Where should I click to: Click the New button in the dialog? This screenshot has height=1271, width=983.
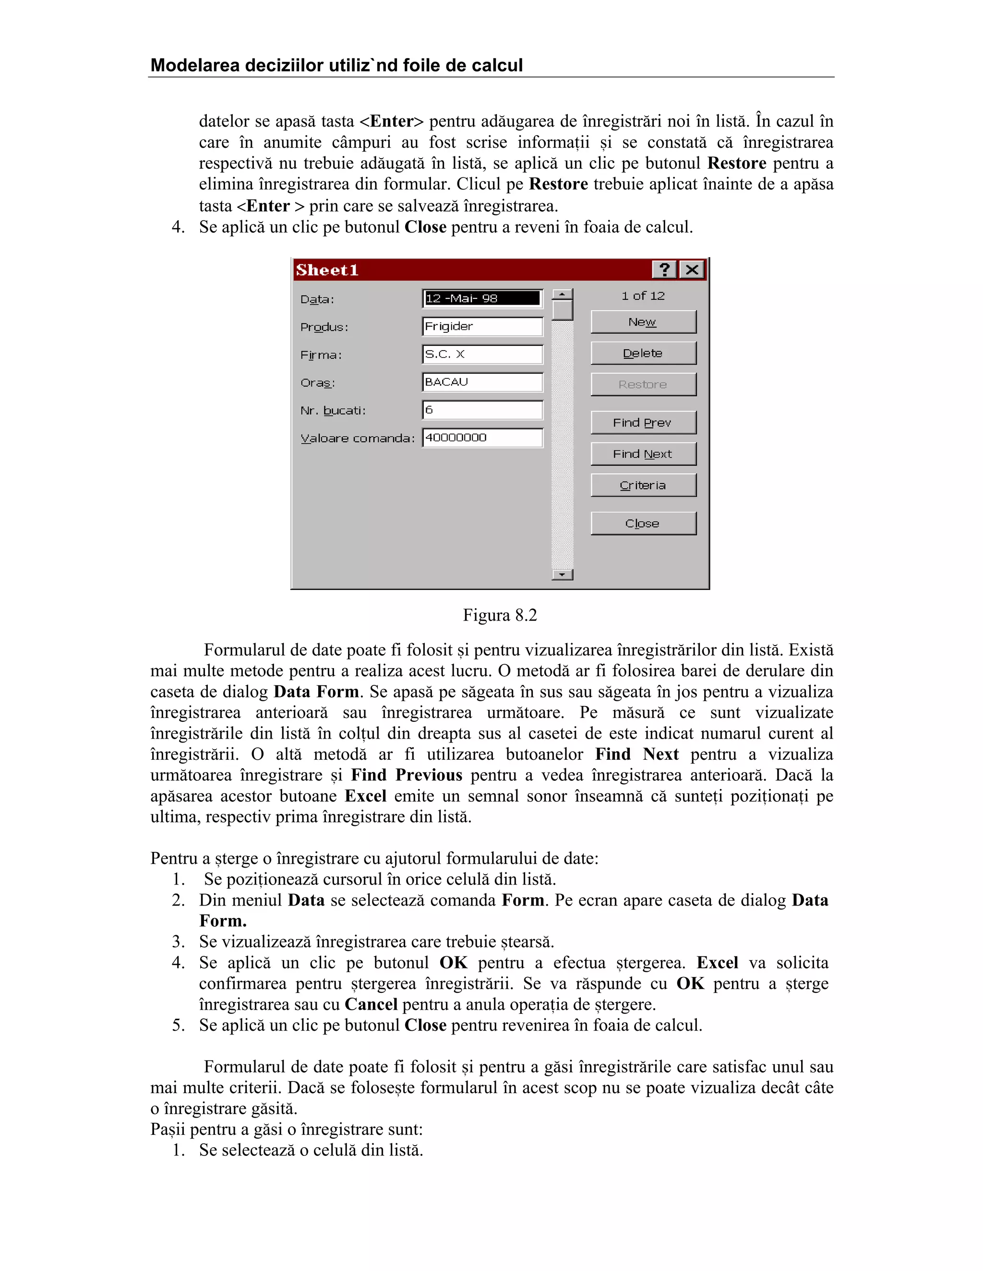(x=643, y=322)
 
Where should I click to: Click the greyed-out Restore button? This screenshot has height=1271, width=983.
(x=643, y=384)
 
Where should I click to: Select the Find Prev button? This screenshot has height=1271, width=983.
(x=643, y=423)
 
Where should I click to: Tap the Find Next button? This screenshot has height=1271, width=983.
(x=643, y=454)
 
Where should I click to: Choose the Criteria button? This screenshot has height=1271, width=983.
(x=643, y=485)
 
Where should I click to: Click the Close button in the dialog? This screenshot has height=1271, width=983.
(x=643, y=523)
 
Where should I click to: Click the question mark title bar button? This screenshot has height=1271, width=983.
(x=664, y=270)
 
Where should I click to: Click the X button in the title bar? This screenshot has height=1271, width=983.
(x=692, y=270)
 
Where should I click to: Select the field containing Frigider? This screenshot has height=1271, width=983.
(x=482, y=327)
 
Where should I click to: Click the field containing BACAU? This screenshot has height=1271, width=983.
(x=482, y=382)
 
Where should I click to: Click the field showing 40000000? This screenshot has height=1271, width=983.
(x=482, y=437)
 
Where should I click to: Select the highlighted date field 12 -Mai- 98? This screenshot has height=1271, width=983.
(x=482, y=298)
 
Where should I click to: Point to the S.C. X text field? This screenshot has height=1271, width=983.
(x=482, y=354)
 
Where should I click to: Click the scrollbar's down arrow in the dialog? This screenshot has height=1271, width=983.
(x=563, y=575)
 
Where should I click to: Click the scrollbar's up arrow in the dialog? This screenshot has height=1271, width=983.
(x=563, y=294)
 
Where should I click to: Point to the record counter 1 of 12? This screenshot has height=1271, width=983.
(x=643, y=295)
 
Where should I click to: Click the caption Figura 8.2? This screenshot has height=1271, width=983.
(x=500, y=615)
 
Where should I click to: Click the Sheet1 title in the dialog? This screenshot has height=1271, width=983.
(x=327, y=270)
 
